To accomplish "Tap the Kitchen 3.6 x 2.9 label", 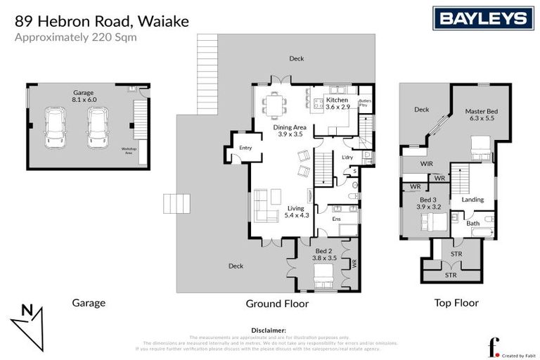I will pos(337,103).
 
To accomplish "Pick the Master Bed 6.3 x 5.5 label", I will pos(481,115).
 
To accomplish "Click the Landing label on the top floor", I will pos(472,200).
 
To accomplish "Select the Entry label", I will pos(245,148).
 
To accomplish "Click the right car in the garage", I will pos(98,127).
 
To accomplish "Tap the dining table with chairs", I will pos(274,105).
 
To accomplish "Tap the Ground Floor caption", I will pos(276,304).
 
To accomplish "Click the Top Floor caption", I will pos(456,303).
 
